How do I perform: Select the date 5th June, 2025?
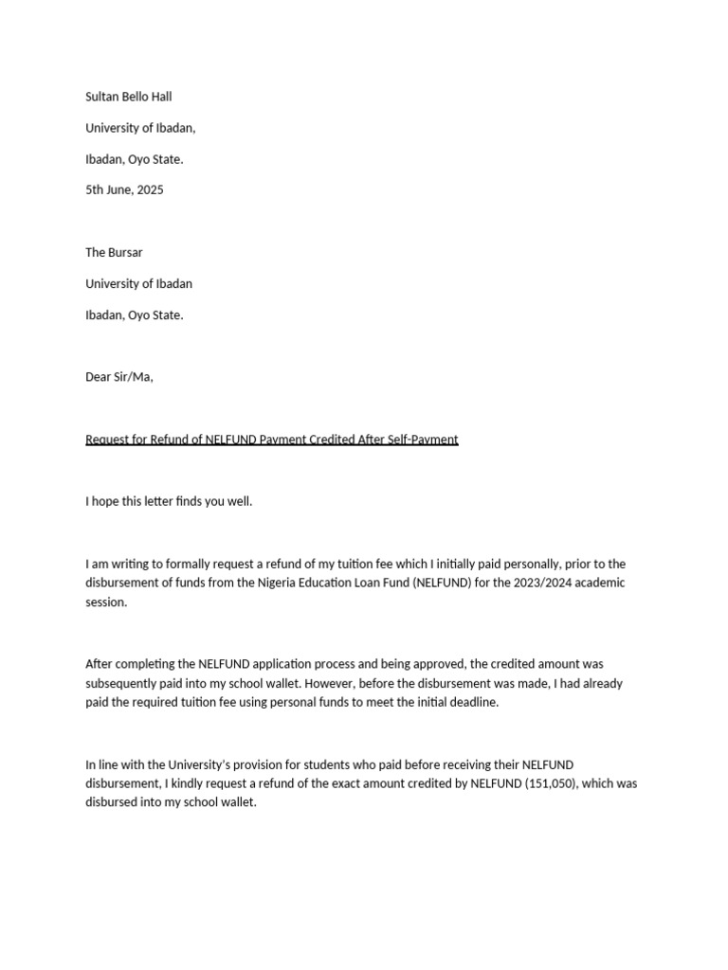124,189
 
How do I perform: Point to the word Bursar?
126,252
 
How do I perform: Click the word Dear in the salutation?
99,377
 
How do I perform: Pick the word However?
387,683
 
